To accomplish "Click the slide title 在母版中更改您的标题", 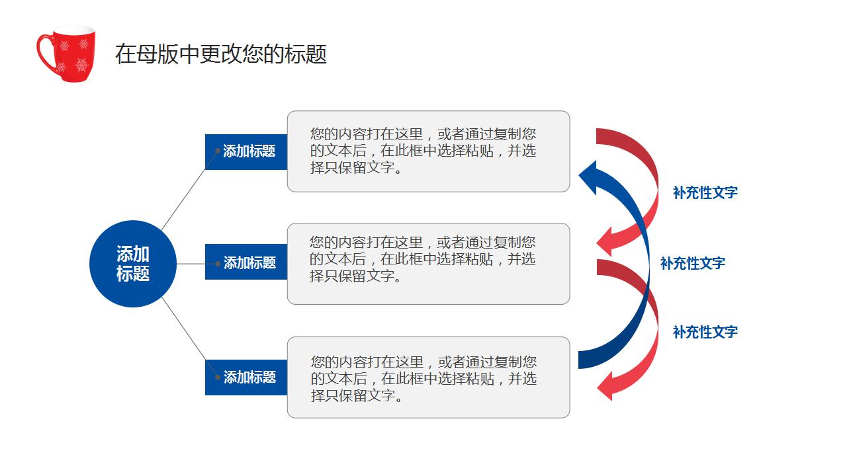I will click(221, 54).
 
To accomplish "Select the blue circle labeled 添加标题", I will click(133, 264).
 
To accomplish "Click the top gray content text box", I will click(428, 151).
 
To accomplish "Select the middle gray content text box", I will click(428, 264).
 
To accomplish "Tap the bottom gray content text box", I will click(428, 377).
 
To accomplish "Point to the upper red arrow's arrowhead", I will click(607, 241).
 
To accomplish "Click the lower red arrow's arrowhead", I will click(607, 385).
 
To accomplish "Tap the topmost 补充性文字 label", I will click(705, 192).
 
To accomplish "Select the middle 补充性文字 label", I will click(692, 263).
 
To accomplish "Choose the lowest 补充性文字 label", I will click(705, 332).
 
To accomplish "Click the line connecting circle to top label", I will click(189, 191).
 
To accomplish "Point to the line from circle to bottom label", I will click(189, 337).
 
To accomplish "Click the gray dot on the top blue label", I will click(218, 151).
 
